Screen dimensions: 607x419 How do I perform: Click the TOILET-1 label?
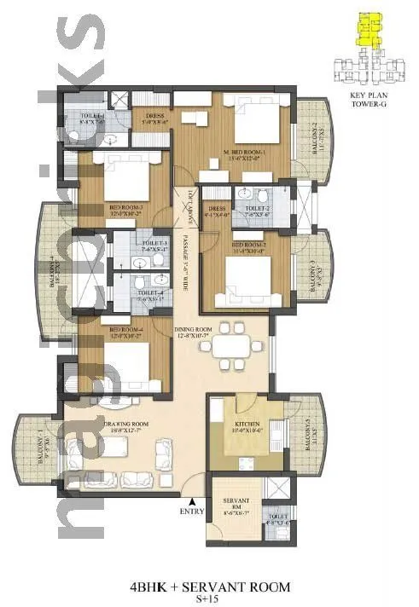tap(93, 117)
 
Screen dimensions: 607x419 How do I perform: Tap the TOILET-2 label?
tap(258, 211)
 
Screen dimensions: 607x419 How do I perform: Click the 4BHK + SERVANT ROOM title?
tap(210, 587)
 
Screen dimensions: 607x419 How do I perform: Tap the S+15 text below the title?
tap(210, 600)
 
